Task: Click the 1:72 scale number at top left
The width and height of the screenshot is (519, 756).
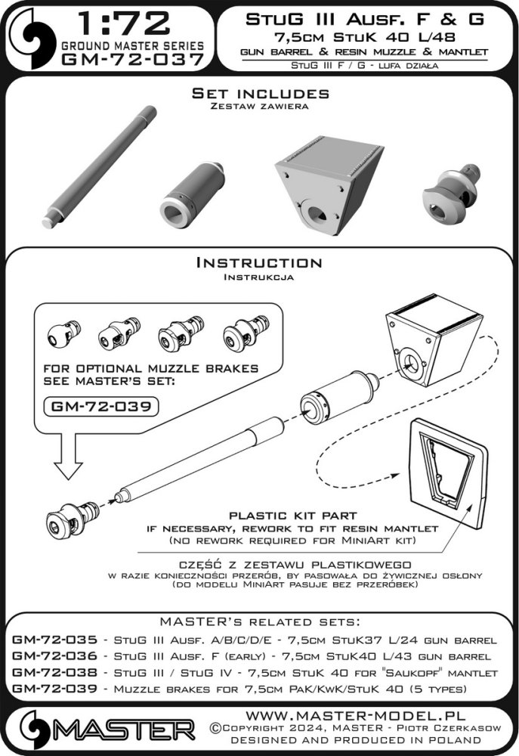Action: [x=124, y=23]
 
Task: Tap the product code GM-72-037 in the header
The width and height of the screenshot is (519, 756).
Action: [x=132, y=60]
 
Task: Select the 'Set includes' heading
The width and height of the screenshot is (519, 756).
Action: [x=260, y=94]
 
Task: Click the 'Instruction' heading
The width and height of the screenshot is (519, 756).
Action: [x=259, y=263]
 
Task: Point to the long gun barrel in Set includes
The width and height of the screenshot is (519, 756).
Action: [x=99, y=166]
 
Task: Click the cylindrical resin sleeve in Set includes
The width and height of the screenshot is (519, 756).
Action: [x=192, y=194]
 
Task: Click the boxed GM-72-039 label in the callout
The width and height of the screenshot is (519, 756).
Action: [x=101, y=406]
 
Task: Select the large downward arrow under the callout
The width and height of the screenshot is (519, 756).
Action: [x=68, y=457]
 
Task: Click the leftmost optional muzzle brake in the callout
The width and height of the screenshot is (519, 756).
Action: [x=64, y=332]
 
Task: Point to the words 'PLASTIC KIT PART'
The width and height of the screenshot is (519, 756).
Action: [x=292, y=516]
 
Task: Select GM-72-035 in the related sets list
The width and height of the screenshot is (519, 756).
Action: [x=54, y=640]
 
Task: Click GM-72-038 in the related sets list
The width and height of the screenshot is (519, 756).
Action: [x=54, y=672]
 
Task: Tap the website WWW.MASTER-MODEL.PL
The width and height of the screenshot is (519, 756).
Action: [x=355, y=714]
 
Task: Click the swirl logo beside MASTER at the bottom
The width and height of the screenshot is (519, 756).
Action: [x=35, y=730]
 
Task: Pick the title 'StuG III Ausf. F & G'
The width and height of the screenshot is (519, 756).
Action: [x=365, y=20]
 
